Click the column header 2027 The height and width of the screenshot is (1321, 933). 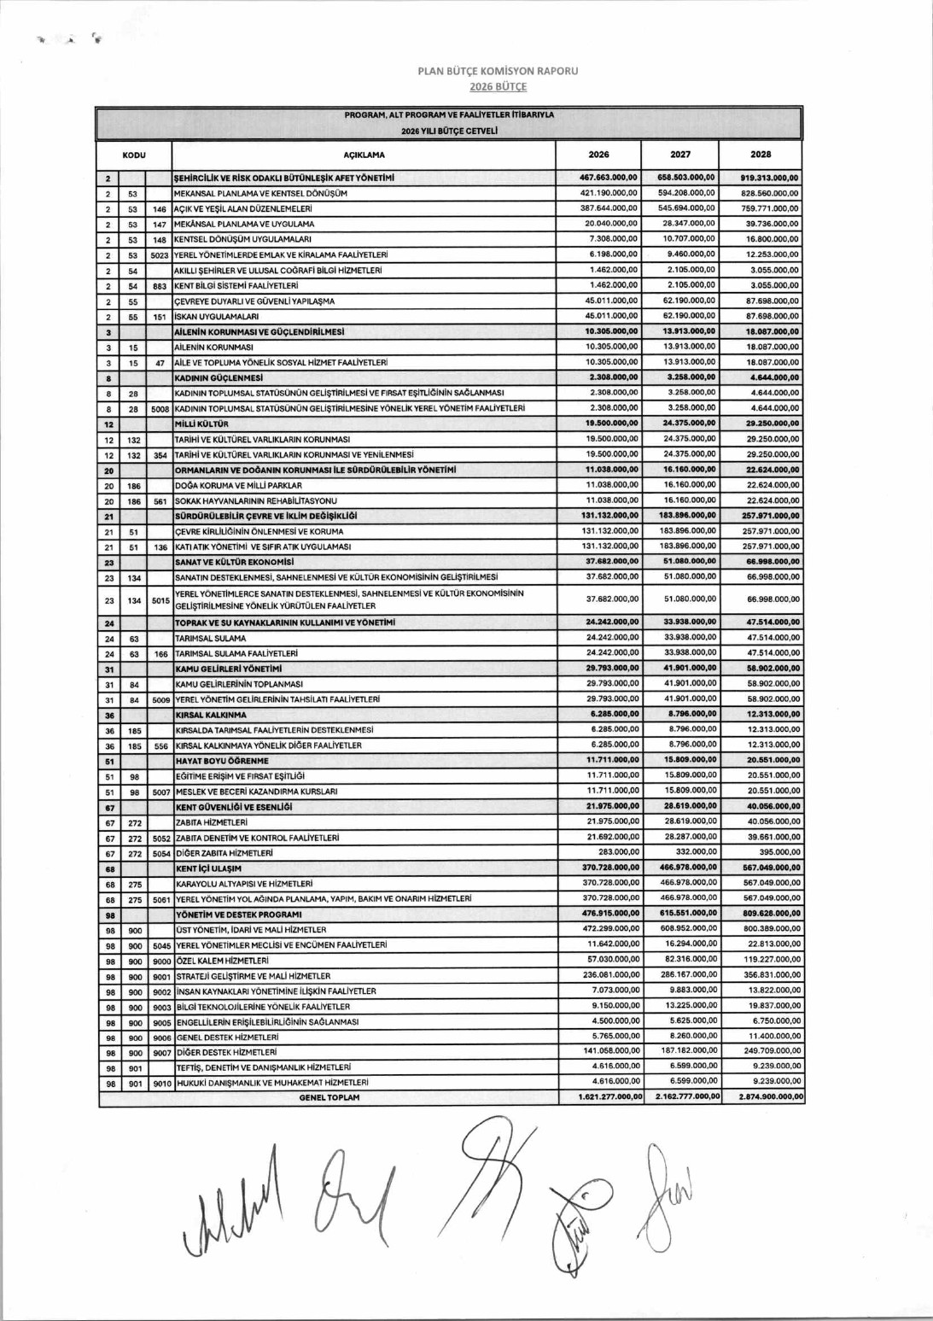pos(679,155)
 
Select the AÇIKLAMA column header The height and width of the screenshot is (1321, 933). pos(364,155)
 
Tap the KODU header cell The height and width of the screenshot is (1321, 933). pos(134,155)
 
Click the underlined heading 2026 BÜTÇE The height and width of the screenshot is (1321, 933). pos(498,86)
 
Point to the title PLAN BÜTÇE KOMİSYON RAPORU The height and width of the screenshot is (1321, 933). pos(498,71)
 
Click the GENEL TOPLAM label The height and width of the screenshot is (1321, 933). pos(329,1097)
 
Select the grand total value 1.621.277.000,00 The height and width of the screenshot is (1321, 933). pos(609,1097)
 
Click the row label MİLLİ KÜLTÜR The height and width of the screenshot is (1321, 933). pos(201,424)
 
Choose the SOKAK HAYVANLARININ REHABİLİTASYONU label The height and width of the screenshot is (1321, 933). pos(255,500)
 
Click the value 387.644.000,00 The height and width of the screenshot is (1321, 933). pos(609,208)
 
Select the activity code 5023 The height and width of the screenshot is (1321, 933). pos(160,255)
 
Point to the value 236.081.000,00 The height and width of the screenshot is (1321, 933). pos(610,975)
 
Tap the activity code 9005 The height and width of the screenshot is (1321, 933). pos(161,1022)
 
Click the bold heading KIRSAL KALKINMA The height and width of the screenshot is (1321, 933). pos(210,715)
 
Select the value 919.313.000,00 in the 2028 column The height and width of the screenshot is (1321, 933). pos(769,178)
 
